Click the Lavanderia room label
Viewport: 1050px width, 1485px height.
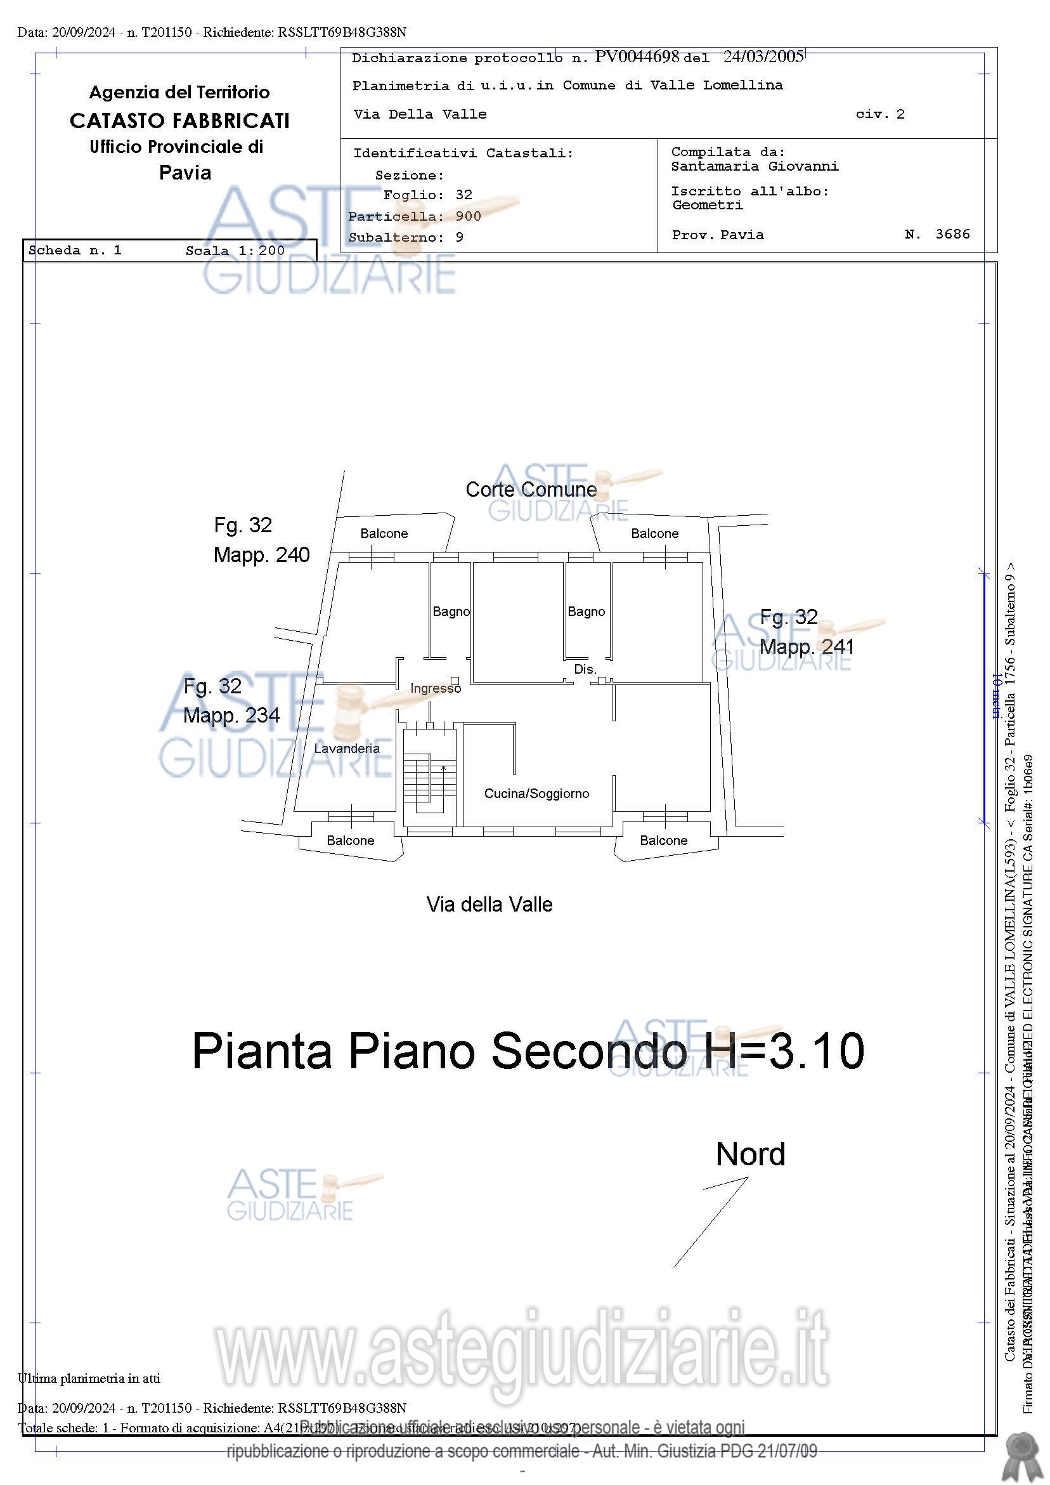pyautogui.click(x=347, y=749)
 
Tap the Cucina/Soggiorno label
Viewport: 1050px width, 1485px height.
pyautogui.click(x=536, y=794)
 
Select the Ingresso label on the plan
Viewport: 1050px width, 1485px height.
pyautogui.click(x=435, y=689)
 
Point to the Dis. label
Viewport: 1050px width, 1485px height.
pyautogui.click(x=585, y=669)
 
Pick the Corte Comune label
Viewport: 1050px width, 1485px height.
pyautogui.click(x=531, y=490)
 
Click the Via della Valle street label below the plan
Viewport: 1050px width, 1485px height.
pyautogui.click(x=489, y=904)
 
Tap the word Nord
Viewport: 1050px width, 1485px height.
pyautogui.click(x=750, y=1154)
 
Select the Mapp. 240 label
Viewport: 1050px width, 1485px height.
pyautogui.click(x=261, y=555)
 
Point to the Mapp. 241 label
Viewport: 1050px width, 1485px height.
pyautogui.click(x=807, y=647)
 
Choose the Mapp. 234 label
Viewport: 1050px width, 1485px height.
pyautogui.click(x=231, y=716)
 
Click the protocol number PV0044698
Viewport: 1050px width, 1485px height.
pyautogui.click(x=637, y=57)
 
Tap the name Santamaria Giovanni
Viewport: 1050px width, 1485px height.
pyautogui.click(x=755, y=166)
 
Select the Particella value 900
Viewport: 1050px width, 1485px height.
pyautogui.click(x=468, y=216)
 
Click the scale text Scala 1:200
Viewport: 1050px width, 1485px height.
pyautogui.click(x=235, y=251)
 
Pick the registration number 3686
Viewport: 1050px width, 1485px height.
pyautogui.click(x=952, y=234)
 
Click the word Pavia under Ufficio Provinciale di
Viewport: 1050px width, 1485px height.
pyautogui.click(x=185, y=173)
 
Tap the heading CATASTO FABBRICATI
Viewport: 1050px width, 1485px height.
pyautogui.click(x=179, y=121)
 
